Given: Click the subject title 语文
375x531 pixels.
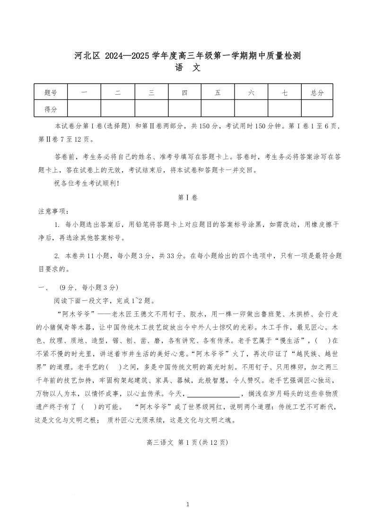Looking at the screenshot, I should click(x=188, y=68).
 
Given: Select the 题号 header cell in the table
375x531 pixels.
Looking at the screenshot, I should click(x=51, y=93).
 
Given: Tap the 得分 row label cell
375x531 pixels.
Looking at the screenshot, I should click(x=51, y=109).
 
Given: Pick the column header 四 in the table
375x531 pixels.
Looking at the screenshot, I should click(x=184, y=93).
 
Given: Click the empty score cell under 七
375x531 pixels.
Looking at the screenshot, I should click(x=284, y=109).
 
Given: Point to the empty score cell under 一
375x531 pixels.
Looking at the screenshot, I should click(x=84, y=109).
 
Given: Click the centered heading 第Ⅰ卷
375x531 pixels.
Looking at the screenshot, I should click(x=188, y=198).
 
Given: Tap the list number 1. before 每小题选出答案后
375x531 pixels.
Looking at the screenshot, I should click(x=57, y=224).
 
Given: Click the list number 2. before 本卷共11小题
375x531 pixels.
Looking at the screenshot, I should click(x=57, y=256).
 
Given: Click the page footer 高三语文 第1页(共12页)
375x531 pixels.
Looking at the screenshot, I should click(x=188, y=442).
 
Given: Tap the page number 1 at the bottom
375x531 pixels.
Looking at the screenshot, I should click(x=188, y=504).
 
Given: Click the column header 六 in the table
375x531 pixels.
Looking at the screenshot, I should click(x=251, y=93).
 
